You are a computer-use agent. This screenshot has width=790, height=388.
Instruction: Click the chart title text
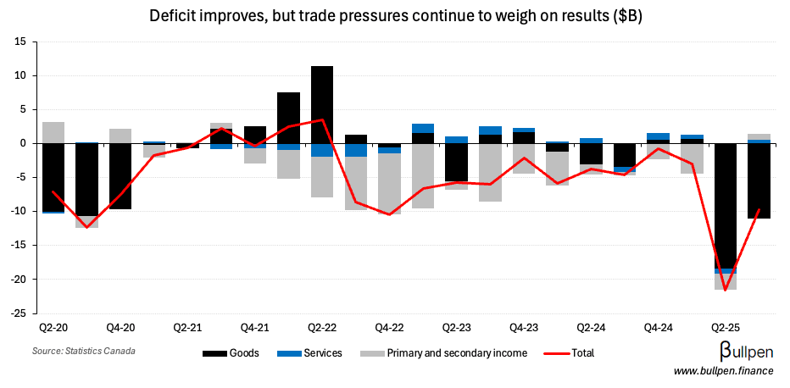394,16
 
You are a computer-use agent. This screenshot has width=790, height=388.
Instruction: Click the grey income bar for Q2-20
53,132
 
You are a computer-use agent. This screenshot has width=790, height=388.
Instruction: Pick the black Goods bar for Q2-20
53,177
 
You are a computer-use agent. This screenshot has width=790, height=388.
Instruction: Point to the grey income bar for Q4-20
120,136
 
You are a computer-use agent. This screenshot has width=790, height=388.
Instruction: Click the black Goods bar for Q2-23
456,162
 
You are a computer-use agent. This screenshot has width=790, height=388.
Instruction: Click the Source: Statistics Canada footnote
84,351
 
